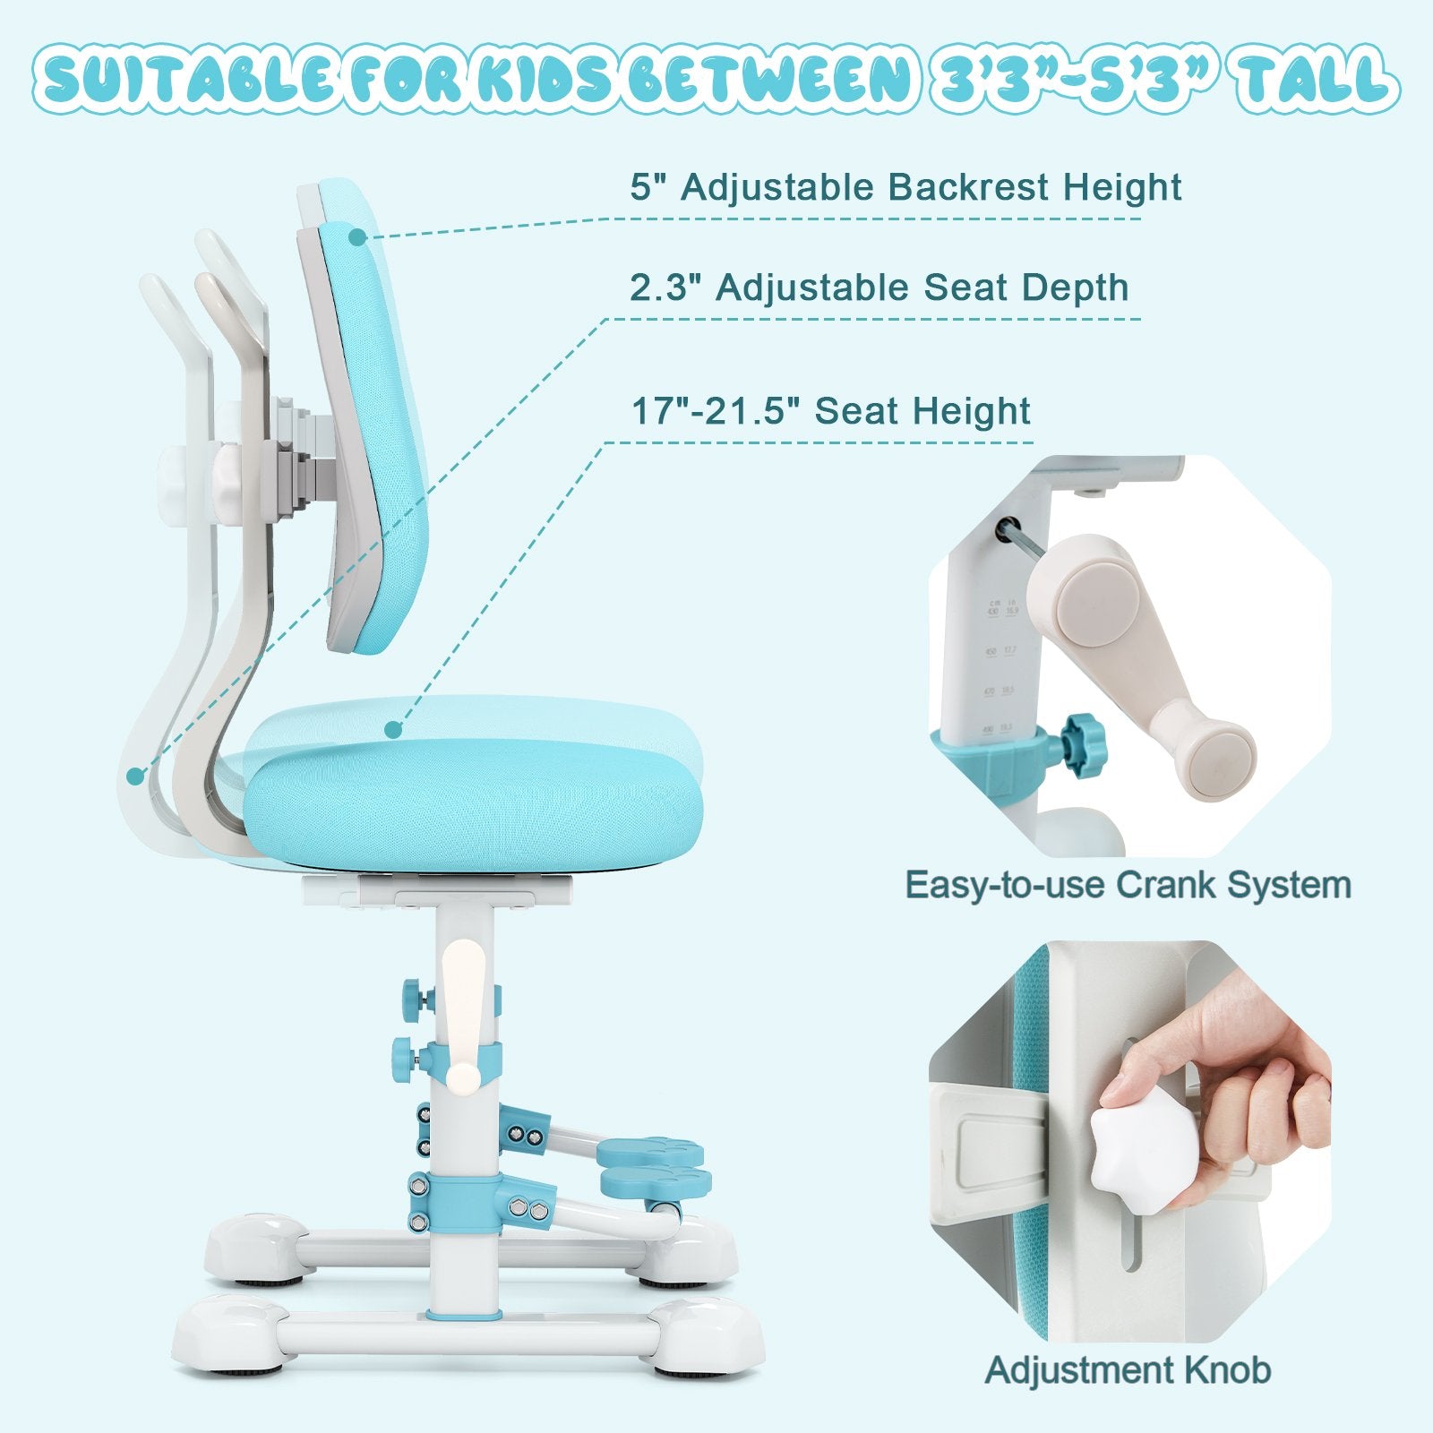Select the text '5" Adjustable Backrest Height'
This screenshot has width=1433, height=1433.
[x=905, y=188]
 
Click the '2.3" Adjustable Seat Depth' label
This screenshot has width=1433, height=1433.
[x=879, y=288]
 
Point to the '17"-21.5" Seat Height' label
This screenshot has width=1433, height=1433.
[x=831, y=411]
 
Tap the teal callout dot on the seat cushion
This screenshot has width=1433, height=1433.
[x=392, y=730]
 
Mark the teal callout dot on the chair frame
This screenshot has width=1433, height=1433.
[x=135, y=776]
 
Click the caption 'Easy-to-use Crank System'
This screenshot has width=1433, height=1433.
[x=1128, y=885]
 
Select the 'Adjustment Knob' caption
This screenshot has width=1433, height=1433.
[x=1128, y=1370]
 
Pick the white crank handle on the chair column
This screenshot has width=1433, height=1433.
[x=464, y=1021]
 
